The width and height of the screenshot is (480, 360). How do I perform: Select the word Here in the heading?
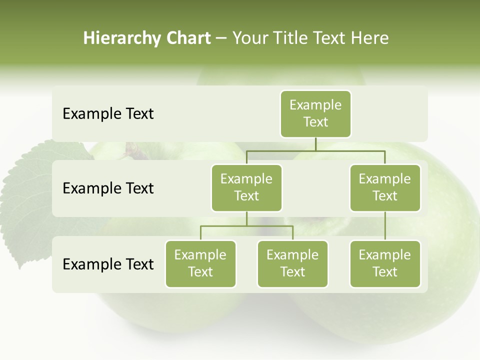369,38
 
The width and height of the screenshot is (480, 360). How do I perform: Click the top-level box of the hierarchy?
315,113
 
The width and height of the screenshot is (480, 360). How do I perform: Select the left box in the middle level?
246,187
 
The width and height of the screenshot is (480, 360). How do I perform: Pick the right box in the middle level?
385,187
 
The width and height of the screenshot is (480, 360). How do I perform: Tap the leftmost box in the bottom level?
200,263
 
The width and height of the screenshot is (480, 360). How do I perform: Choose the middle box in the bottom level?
292,263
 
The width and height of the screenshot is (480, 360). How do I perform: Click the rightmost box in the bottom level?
385,263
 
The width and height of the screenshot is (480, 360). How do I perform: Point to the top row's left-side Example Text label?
108,114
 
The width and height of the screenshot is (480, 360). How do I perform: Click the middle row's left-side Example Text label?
108,188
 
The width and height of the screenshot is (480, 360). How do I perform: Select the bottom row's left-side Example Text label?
108,264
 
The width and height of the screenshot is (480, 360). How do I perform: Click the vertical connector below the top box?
315,144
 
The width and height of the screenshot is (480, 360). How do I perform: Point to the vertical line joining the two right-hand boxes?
385,226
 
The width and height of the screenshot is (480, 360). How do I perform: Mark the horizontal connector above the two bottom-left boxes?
246,226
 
